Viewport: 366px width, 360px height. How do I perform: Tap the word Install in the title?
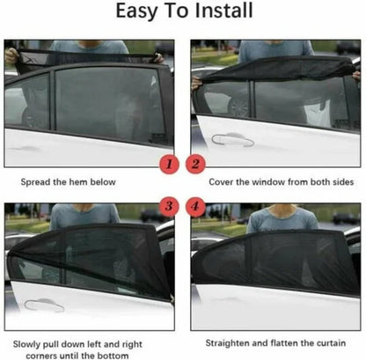[224, 13]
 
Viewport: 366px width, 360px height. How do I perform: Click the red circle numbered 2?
[197, 163]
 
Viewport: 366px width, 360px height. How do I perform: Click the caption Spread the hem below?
[81, 182]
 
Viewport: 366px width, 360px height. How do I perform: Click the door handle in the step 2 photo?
[232, 138]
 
